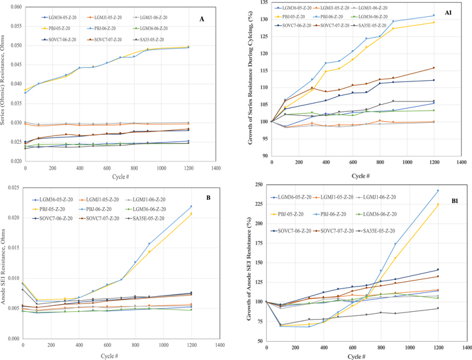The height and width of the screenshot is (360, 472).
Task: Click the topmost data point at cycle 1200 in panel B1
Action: (438, 191)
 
